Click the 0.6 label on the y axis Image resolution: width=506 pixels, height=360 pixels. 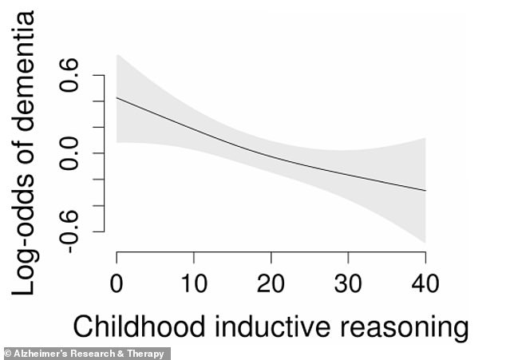[x=69, y=75]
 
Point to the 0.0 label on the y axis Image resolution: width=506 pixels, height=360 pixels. [x=69, y=153]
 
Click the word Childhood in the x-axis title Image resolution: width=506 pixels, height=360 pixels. [x=139, y=326]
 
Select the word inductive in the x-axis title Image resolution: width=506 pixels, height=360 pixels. [x=272, y=326]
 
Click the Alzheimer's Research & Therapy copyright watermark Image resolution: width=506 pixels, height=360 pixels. [x=85, y=354]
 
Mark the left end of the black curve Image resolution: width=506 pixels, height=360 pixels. [x=117, y=97]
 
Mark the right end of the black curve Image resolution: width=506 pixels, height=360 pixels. [x=426, y=191]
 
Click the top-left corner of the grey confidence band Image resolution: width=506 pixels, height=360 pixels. [x=117, y=54]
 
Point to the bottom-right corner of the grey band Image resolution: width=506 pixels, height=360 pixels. [x=426, y=243]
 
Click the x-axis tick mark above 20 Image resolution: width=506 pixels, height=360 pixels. [x=271, y=257]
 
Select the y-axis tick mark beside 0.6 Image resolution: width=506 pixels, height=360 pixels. [x=99, y=75]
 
